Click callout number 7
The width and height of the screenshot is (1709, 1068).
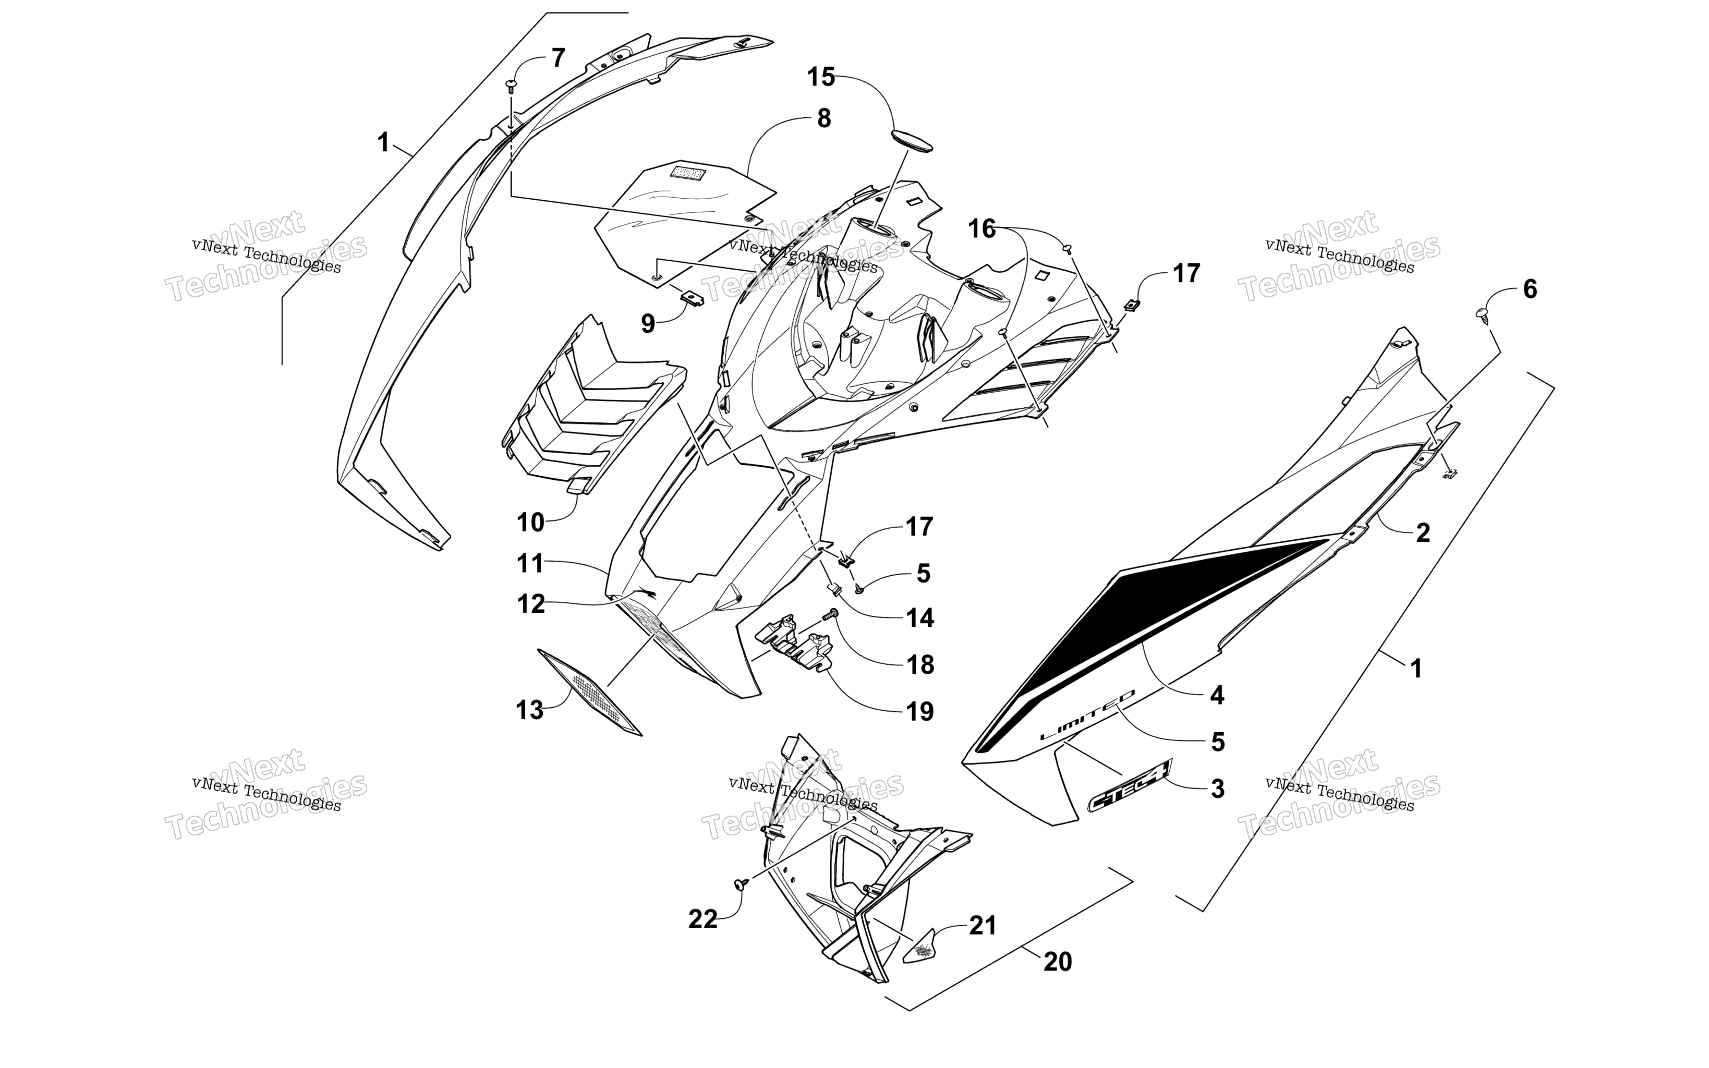(558, 58)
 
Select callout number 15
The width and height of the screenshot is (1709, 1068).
(821, 77)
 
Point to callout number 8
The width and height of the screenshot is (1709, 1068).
(823, 119)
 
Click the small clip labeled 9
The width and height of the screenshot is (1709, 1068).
(692, 296)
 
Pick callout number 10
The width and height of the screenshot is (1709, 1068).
(530, 523)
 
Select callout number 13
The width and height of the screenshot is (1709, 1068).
(530, 710)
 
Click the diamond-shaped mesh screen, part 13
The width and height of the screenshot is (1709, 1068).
(590, 692)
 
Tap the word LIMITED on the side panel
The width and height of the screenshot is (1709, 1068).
(1087, 715)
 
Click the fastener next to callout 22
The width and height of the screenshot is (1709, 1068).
(742, 883)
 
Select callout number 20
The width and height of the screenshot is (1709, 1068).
(1057, 961)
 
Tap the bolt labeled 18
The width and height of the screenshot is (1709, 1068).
(830, 616)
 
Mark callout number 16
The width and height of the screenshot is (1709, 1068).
(981, 229)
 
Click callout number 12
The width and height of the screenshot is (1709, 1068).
(531, 604)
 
